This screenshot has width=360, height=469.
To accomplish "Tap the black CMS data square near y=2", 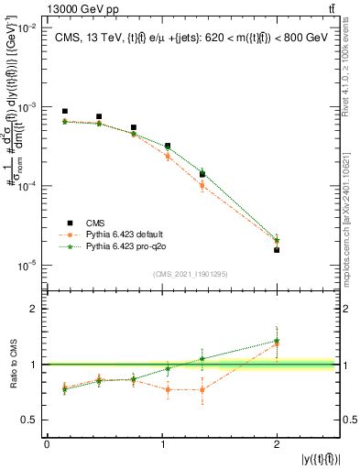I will click(277, 249).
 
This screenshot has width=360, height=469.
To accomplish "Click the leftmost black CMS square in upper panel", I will click(64, 111).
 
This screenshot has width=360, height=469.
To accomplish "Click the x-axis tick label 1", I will click(161, 444).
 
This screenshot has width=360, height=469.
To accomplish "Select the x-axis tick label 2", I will click(277, 444).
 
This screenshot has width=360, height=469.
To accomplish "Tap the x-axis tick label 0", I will click(47, 444).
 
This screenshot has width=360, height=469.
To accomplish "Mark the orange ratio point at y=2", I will click(277, 344).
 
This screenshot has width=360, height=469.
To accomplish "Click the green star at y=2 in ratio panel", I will click(277, 340).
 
